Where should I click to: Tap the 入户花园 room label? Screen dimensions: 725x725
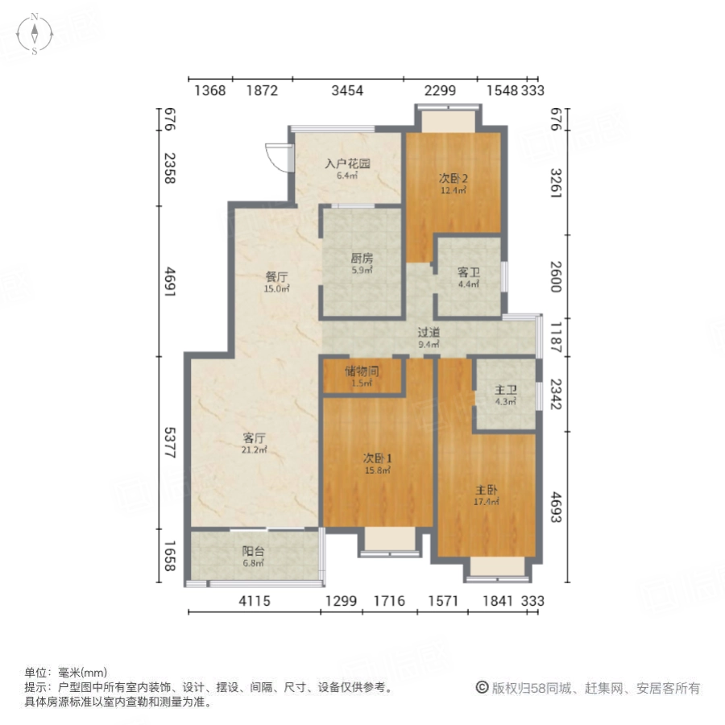347,164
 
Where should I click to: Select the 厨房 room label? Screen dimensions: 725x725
362,259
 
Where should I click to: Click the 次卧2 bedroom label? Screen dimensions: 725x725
453,179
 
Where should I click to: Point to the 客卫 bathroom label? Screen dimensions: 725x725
469,272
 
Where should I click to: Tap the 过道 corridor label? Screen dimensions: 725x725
429,333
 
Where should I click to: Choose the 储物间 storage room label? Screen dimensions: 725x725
362,371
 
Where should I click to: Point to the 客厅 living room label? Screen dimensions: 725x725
255,438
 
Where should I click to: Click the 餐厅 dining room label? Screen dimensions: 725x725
277,277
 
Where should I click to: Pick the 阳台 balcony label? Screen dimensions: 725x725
254,552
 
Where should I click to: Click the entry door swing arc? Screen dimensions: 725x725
277,158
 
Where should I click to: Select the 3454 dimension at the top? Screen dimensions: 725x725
347,91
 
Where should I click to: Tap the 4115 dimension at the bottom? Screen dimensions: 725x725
254,601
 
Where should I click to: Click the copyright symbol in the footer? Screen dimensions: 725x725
481,688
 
